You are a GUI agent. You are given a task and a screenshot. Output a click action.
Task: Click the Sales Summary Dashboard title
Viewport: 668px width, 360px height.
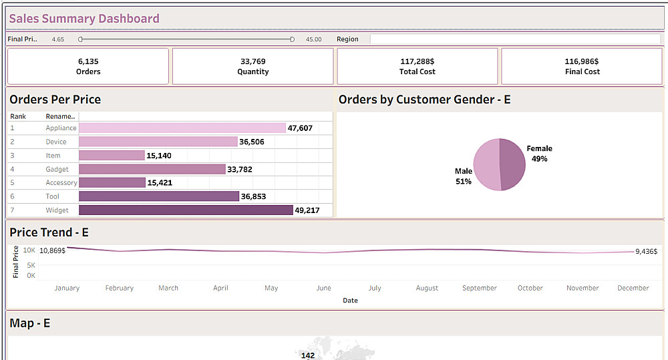84,19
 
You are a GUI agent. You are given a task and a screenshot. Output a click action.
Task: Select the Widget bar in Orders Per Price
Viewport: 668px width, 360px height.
186,210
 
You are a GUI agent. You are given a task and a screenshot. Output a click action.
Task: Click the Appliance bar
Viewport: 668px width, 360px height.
182,128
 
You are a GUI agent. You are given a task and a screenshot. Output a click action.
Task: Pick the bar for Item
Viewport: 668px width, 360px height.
112,156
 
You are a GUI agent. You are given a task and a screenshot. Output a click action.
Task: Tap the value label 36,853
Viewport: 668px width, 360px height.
253,196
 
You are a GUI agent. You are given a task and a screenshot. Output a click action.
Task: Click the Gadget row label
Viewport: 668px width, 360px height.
57,170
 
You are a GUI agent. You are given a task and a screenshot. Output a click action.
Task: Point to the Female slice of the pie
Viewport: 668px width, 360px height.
513,164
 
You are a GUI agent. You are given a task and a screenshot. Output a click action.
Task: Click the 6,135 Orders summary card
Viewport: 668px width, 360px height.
88,66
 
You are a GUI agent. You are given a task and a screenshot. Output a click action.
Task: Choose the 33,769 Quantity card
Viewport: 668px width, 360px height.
253,66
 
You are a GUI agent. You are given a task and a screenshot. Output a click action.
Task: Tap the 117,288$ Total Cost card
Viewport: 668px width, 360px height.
417,66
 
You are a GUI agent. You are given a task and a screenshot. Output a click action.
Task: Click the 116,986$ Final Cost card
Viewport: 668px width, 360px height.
582,66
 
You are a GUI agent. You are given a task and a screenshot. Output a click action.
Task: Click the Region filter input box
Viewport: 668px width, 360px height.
515,39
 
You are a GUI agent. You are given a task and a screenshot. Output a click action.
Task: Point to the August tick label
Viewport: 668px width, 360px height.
427,289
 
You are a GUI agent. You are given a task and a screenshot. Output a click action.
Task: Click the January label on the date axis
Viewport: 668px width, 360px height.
67,289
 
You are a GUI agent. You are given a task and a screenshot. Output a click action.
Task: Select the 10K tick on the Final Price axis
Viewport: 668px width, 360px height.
29,250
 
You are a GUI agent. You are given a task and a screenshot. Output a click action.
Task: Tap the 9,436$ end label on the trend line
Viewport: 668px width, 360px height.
646,252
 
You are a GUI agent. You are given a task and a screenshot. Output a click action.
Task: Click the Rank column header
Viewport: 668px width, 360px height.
18,116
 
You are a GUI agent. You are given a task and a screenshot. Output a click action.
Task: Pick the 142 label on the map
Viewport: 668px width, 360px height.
308,355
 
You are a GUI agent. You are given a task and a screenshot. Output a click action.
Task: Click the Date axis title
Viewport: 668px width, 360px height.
350,301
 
